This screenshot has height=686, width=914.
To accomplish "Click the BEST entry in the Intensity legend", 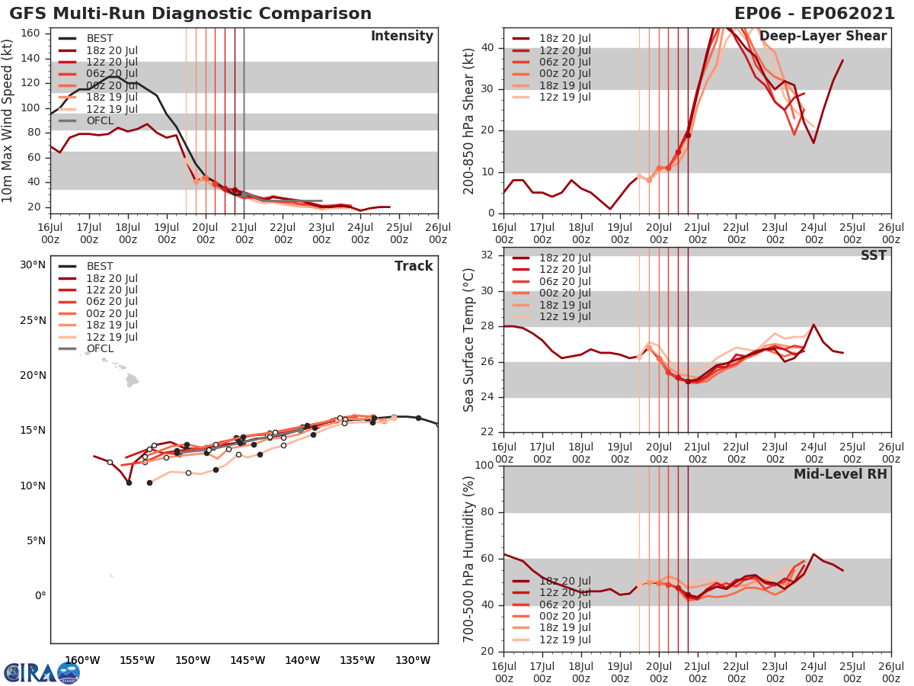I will (x=99, y=39).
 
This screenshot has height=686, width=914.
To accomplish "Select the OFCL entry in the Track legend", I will (x=100, y=348).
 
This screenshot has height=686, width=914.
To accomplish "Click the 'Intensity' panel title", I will (x=401, y=37).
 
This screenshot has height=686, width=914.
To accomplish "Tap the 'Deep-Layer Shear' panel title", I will (x=823, y=37).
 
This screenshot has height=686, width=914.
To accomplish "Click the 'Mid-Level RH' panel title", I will (x=840, y=475).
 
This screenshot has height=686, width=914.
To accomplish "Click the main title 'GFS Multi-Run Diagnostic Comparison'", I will (x=190, y=14).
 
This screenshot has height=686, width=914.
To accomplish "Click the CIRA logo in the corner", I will (x=42, y=672).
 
